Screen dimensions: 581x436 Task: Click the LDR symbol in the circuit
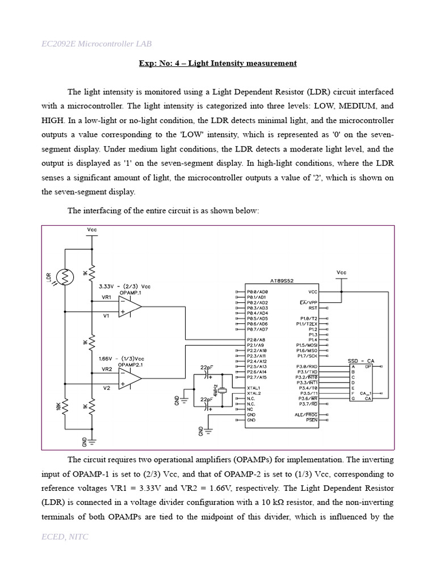pos(65,277)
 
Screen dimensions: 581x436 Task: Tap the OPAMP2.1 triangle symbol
pos(130,378)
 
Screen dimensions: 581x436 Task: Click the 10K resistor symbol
pos(65,406)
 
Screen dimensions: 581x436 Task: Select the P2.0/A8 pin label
pos(257,340)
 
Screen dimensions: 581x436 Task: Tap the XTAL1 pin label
pos(254,388)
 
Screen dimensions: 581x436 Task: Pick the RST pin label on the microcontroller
pos(312,308)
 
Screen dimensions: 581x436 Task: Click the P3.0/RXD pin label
pos(307,367)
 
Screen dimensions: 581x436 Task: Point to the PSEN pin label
pos(312,420)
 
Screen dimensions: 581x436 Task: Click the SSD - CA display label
pos(361,361)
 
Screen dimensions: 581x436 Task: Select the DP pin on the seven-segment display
pos(368,367)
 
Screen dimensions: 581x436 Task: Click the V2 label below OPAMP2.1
pos(106,388)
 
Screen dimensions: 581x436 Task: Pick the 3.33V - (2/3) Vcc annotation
pos(124,286)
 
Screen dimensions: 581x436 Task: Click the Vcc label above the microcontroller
pos(341,272)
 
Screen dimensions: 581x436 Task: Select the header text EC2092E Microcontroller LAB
pos(97,44)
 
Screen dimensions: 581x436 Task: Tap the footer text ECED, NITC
pos(65,536)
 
